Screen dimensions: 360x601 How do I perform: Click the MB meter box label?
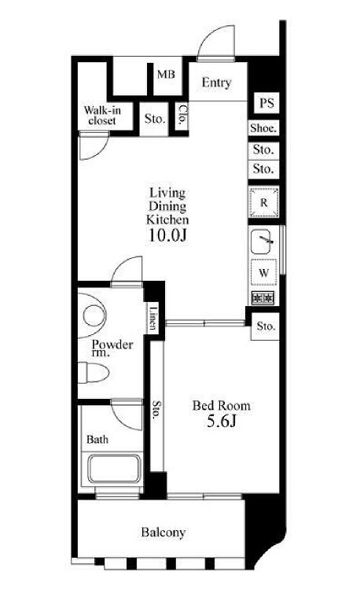coord(166,74)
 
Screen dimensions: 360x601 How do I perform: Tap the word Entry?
coord(217,83)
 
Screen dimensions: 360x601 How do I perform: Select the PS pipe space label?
coord(266,103)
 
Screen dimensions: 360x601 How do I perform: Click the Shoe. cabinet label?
coord(263,127)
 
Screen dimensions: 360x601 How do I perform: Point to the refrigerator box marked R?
coord(263,202)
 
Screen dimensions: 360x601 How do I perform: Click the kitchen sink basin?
coord(263,242)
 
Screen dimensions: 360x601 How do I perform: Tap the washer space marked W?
coord(263,272)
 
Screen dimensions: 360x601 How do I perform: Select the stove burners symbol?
coord(263,297)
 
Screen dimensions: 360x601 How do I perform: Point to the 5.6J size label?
coord(221,422)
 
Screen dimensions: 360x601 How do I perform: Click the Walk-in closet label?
coord(102,116)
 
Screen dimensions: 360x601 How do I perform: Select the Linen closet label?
coord(152,318)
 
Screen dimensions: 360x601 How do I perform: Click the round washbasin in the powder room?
coord(94,315)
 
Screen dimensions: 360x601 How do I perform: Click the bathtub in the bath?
coord(114,469)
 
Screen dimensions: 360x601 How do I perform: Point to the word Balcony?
coord(163,533)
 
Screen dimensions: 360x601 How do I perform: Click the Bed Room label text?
coord(222,406)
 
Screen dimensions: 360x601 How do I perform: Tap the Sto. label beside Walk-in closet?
coord(155,119)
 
